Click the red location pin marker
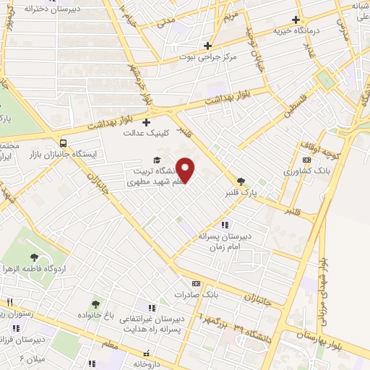pyautogui.click(x=186, y=170)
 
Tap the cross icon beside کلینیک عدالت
pyautogui.click(x=147, y=121)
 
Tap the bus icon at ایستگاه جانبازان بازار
pyautogui.click(x=64, y=142)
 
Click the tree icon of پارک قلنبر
pyautogui.click(x=241, y=181)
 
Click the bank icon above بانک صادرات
pyautogui.click(x=195, y=283)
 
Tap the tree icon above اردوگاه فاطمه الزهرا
pyautogui.click(x=33, y=257)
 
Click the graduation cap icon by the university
pyautogui.click(x=157, y=160)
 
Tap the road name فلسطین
pyautogui.click(x=295, y=106)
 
